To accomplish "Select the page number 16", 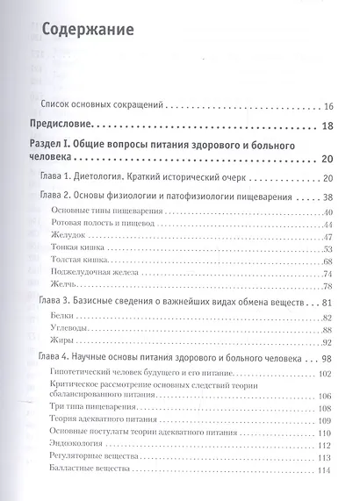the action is pos(328,106).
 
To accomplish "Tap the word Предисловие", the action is pos(62,126).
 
